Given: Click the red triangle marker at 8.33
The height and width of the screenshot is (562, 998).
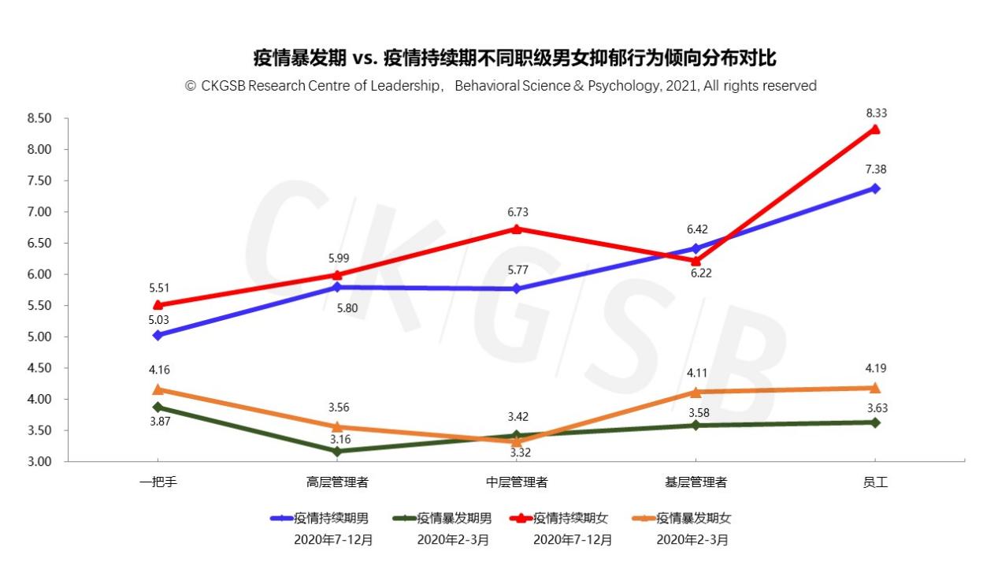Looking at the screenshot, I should pyautogui.click(x=874, y=129).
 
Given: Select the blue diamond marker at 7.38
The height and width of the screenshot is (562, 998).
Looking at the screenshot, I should pyautogui.click(x=874, y=188).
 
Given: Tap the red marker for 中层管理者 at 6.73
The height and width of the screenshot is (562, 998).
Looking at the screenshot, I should pyautogui.click(x=516, y=229).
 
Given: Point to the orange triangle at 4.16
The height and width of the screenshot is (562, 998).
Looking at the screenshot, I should pyautogui.click(x=158, y=389).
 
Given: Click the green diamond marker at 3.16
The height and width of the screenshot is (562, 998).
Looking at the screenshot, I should pyautogui.click(x=337, y=452).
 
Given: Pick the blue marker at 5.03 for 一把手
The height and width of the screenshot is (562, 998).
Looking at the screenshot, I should pyautogui.click(x=158, y=335).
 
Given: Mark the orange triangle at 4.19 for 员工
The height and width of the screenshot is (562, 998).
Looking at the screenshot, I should pyautogui.click(x=874, y=387).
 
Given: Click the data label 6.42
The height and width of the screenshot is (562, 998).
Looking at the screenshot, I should pyautogui.click(x=696, y=229).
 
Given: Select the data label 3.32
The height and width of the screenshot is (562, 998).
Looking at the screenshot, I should pyautogui.click(x=516, y=452).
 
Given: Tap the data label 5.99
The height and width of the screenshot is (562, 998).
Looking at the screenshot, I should pyautogui.click(x=337, y=257).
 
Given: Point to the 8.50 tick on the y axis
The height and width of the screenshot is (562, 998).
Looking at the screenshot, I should pyautogui.click(x=39, y=119).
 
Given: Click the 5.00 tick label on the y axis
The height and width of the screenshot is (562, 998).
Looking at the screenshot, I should pyautogui.click(x=39, y=337).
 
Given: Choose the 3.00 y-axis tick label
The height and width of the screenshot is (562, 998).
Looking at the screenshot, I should pyautogui.click(x=39, y=462).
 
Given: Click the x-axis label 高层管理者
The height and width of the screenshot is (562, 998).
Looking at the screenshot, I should pyautogui.click(x=337, y=482).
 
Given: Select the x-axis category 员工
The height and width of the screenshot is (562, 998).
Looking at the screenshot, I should pyautogui.click(x=874, y=482).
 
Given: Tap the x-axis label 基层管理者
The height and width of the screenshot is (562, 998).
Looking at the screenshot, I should pyautogui.click(x=696, y=482).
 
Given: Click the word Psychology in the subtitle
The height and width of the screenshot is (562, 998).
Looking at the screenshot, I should pyautogui.click(x=626, y=86).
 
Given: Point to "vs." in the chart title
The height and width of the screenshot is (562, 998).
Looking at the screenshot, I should pyautogui.click(x=367, y=58).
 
